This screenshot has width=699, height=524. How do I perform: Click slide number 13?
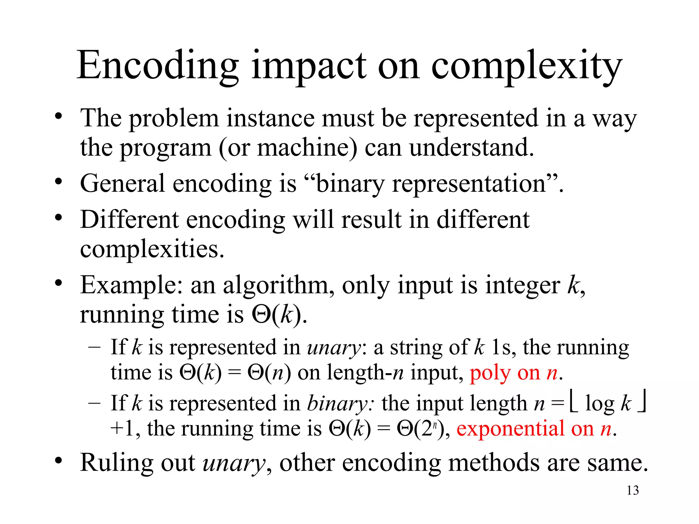click(632, 490)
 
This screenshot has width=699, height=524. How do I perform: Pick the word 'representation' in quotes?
click(469, 184)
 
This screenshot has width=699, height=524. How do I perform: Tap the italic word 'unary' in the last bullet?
click(234, 463)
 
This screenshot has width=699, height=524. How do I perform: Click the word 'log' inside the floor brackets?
click(599, 404)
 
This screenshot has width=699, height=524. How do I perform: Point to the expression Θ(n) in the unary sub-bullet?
click(269, 373)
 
